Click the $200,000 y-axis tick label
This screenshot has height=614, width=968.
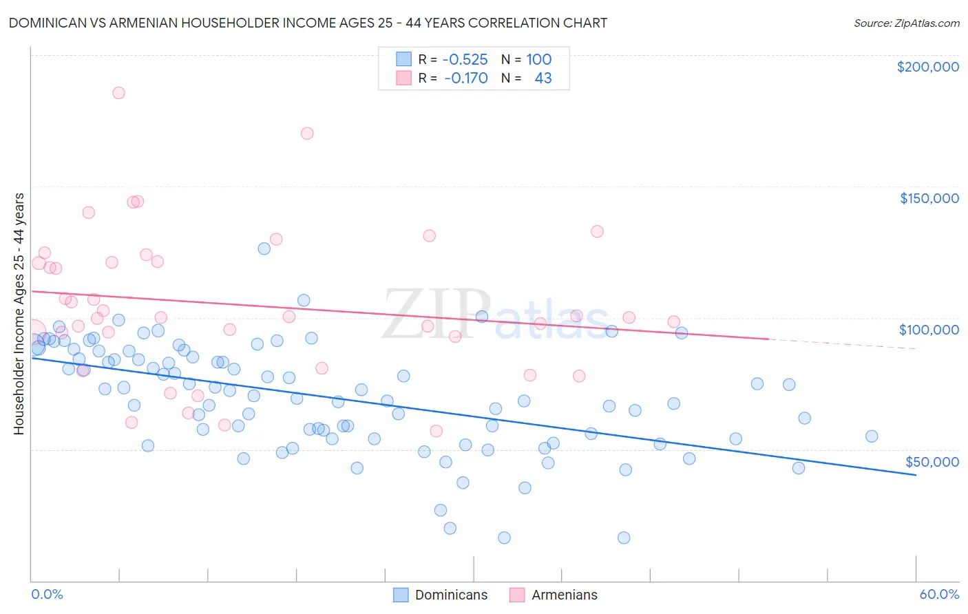pos(927,67)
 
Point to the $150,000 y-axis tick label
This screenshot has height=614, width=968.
pos(929,198)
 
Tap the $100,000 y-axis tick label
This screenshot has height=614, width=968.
pos(929,330)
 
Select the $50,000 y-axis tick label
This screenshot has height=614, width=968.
pos(932,461)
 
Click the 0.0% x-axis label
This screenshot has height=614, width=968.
pos(47,594)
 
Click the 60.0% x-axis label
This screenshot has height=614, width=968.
pos(939,594)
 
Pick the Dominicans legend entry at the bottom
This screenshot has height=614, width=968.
pos(441,595)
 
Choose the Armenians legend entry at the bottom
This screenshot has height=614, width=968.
pos(554,595)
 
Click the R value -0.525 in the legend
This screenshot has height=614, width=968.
pos(465,60)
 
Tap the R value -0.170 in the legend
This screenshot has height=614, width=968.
pos(465,78)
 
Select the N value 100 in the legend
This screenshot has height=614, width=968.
pos(538,60)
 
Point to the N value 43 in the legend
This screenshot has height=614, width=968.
pos(543,78)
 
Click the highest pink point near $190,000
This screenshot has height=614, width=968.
pos(118,93)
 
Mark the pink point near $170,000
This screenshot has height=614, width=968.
pos(307,134)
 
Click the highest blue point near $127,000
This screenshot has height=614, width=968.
pos(264,248)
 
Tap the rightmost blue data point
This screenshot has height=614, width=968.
pos(872,436)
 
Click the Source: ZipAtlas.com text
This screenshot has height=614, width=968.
pos(906,23)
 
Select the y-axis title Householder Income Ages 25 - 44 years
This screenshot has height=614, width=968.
pos(19,313)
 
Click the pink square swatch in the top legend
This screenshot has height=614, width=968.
pos(403,78)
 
